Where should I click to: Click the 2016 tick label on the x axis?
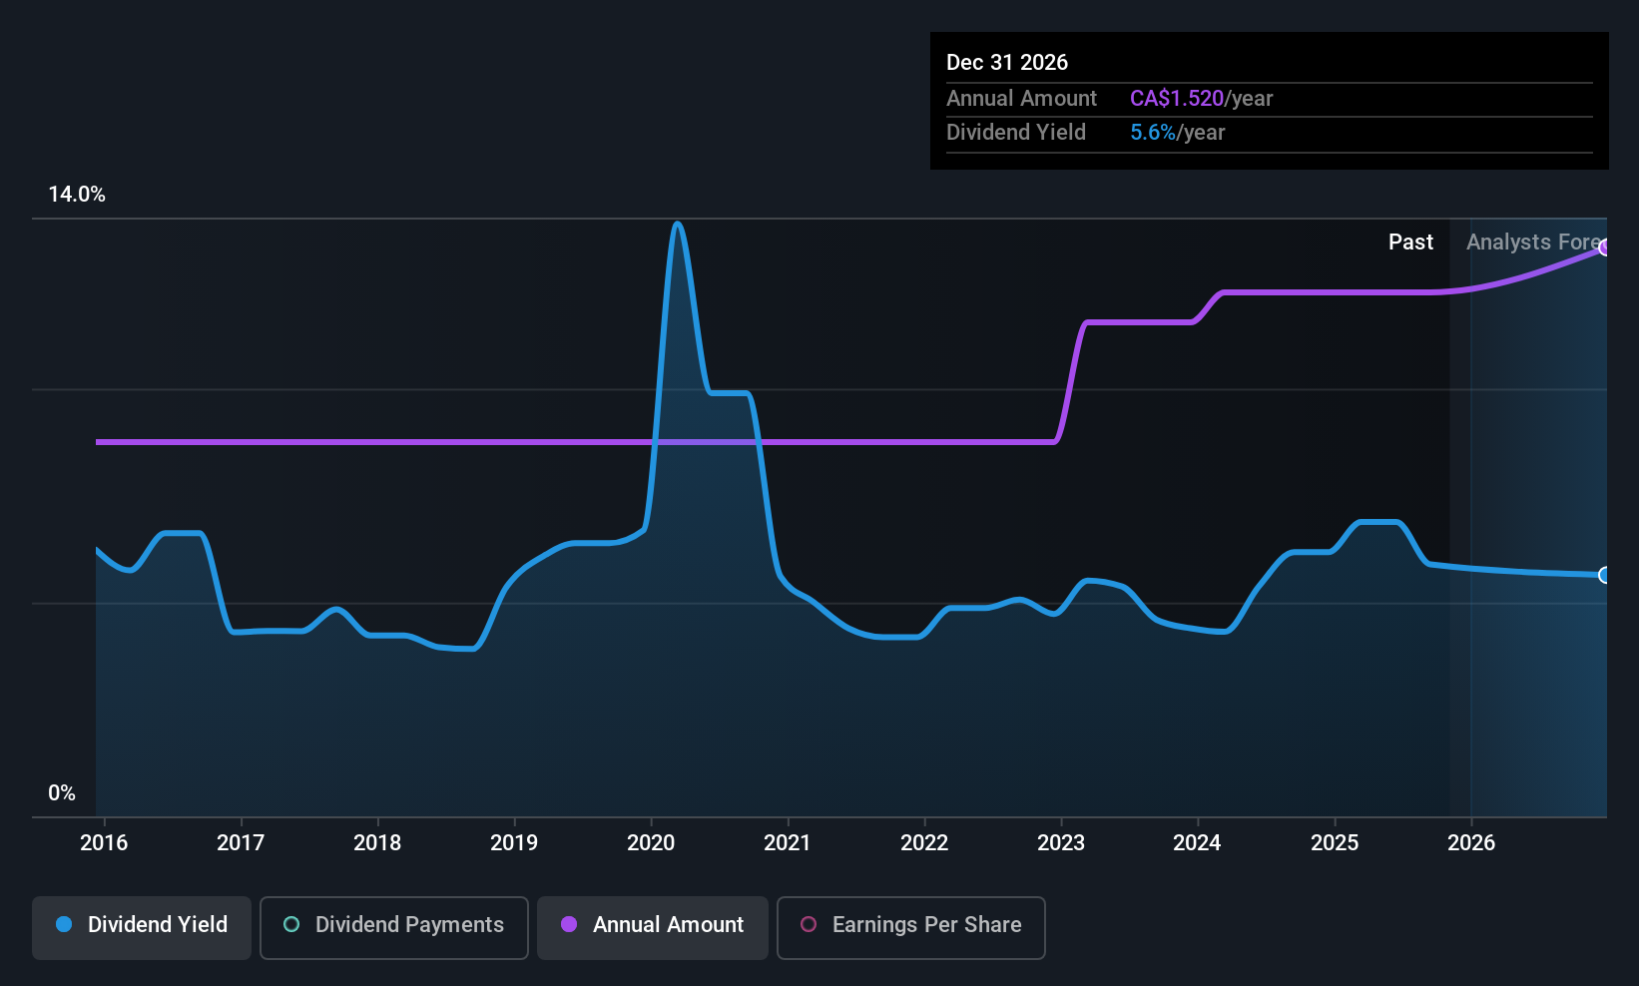[x=104, y=843]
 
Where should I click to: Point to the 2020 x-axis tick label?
[x=651, y=843]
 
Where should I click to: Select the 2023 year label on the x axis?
[x=1061, y=843]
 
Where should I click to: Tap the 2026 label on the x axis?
[x=1471, y=843]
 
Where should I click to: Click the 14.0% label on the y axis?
[x=77, y=195]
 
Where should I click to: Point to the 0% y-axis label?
[x=62, y=793]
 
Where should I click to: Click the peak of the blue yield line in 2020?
[x=678, y=224]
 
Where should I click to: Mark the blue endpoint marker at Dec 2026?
[x=1604, y=575]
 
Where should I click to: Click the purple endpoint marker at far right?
[x=1604, y=247]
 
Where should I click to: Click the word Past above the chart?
[x=1410, y=243]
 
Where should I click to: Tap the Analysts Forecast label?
[x=1533, y=243]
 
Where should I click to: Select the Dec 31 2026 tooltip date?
[x=1006, y=63]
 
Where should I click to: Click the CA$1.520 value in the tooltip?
[x=1177, y=99]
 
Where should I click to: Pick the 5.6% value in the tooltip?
[x=1153, y=133]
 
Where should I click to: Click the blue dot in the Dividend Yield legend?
[x=64, y=925]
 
